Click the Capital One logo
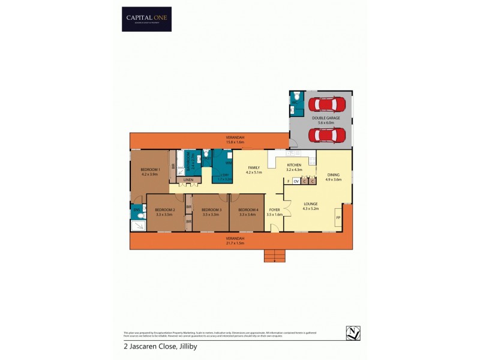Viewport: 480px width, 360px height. pyautogui.click(x=146, y=19)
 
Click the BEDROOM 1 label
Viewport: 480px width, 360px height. pyautogui.click(x=150, y=172)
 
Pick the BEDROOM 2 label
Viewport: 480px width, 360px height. pyautogui.click(x=165, y=212)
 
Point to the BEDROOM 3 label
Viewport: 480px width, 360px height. pyautogui.click(x=211, y=212)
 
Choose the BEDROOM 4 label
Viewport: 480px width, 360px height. pyautogui.click(x=247, y=212)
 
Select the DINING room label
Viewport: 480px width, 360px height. pyautogui.click(x=333, y=177)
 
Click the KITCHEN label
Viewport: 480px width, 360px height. pyautogui.click(x=294, y=167)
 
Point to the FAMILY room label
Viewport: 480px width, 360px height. pyautogui.click(x=254, y=170)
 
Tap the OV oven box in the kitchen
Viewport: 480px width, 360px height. pyautogui.click(x=296, y=181)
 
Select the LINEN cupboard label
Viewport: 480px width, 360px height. pyautogui.click(x=188, y=180)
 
